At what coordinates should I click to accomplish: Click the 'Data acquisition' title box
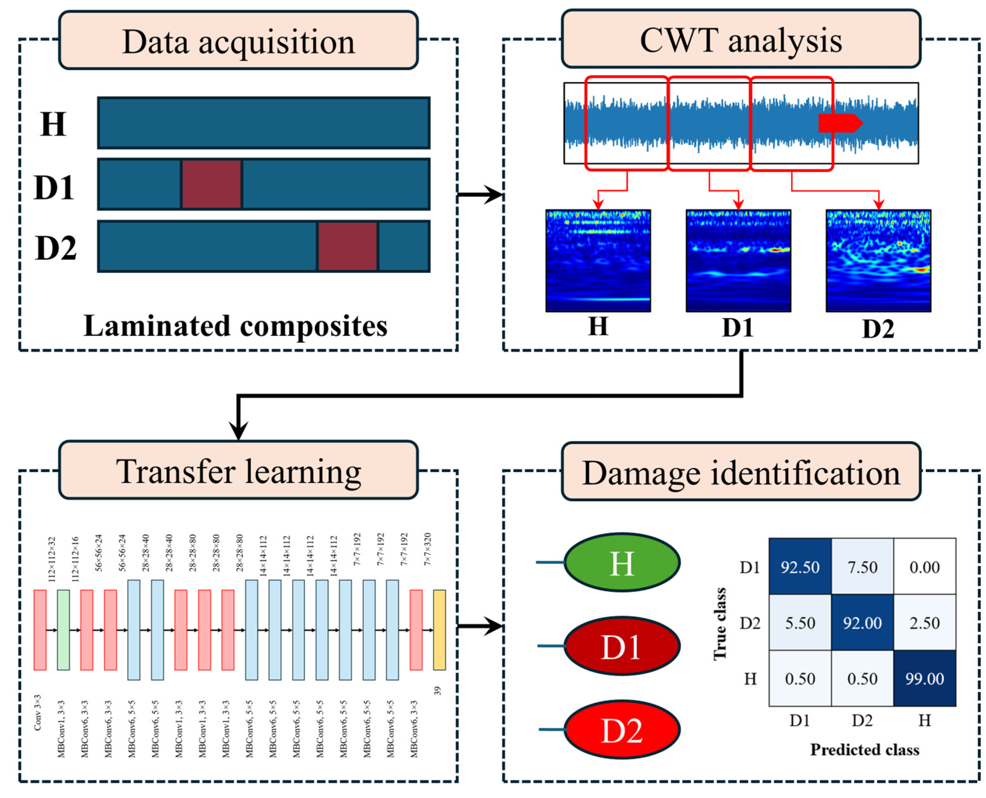pos(238,41)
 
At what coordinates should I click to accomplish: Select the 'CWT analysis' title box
pos(741,40)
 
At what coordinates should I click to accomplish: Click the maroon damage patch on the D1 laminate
pos(211,184)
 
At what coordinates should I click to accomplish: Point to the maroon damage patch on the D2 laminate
pos(347,246)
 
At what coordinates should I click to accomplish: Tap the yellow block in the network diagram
pos(439,630)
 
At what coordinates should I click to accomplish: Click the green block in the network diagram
pos(63,630)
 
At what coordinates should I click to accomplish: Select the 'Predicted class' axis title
pos(864,749)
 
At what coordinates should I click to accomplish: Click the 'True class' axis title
pos(720,623)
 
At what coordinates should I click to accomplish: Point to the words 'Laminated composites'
pos(235,326)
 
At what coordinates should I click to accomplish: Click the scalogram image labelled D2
pos(878,261)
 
